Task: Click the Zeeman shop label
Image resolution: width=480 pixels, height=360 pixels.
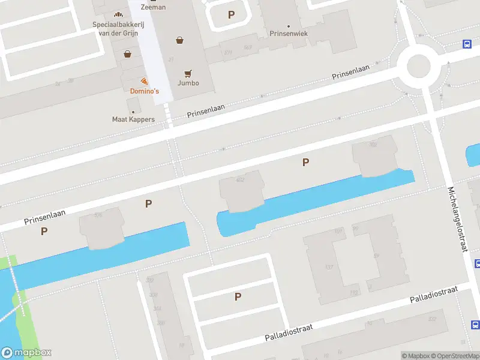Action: click(152, 7)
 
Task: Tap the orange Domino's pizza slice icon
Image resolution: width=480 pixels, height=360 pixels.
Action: click(144, 81)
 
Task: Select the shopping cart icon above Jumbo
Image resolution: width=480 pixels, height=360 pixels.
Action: click(188, 74)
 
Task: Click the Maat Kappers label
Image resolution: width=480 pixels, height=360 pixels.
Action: click(133, 119)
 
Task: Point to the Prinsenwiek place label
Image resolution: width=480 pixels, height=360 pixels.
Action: click(289, 34)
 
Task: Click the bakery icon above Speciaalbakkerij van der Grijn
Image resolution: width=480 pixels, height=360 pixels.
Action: click(117, 14)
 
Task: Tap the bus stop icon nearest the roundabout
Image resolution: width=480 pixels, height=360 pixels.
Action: click(466, 44)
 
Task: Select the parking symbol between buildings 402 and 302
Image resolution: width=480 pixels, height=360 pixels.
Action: click(306, 162)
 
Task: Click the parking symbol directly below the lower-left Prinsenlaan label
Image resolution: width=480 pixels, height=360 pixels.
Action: click(44, 231)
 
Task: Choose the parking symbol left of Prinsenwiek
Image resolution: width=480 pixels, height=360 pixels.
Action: click(231, 14)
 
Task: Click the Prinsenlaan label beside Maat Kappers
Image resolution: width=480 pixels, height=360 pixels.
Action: click(206, 110)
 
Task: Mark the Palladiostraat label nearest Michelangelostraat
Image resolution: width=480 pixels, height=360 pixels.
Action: click(433, 294)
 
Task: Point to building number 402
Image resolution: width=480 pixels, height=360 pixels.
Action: click(241, 179)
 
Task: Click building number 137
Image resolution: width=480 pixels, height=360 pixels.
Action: click(328, 267)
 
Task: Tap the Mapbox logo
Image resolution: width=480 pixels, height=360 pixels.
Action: click(26, 353)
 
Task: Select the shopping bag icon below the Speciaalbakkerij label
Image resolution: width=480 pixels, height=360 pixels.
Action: click(127, 54)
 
